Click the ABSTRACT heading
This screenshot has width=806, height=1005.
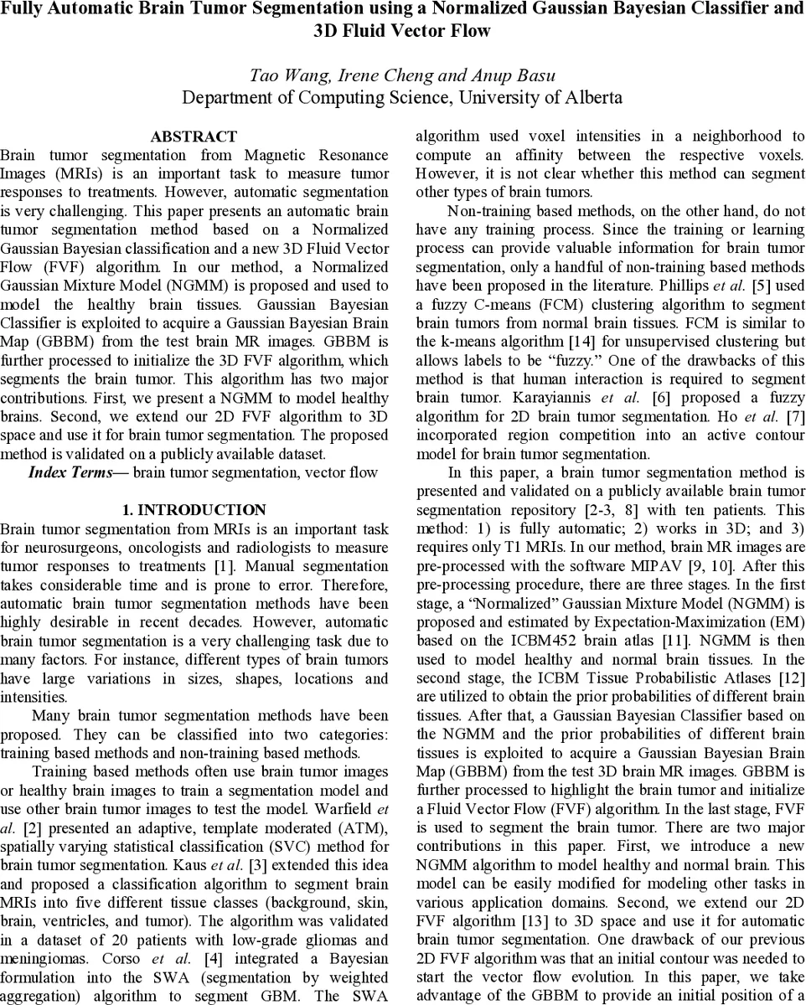tap(194, 137)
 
